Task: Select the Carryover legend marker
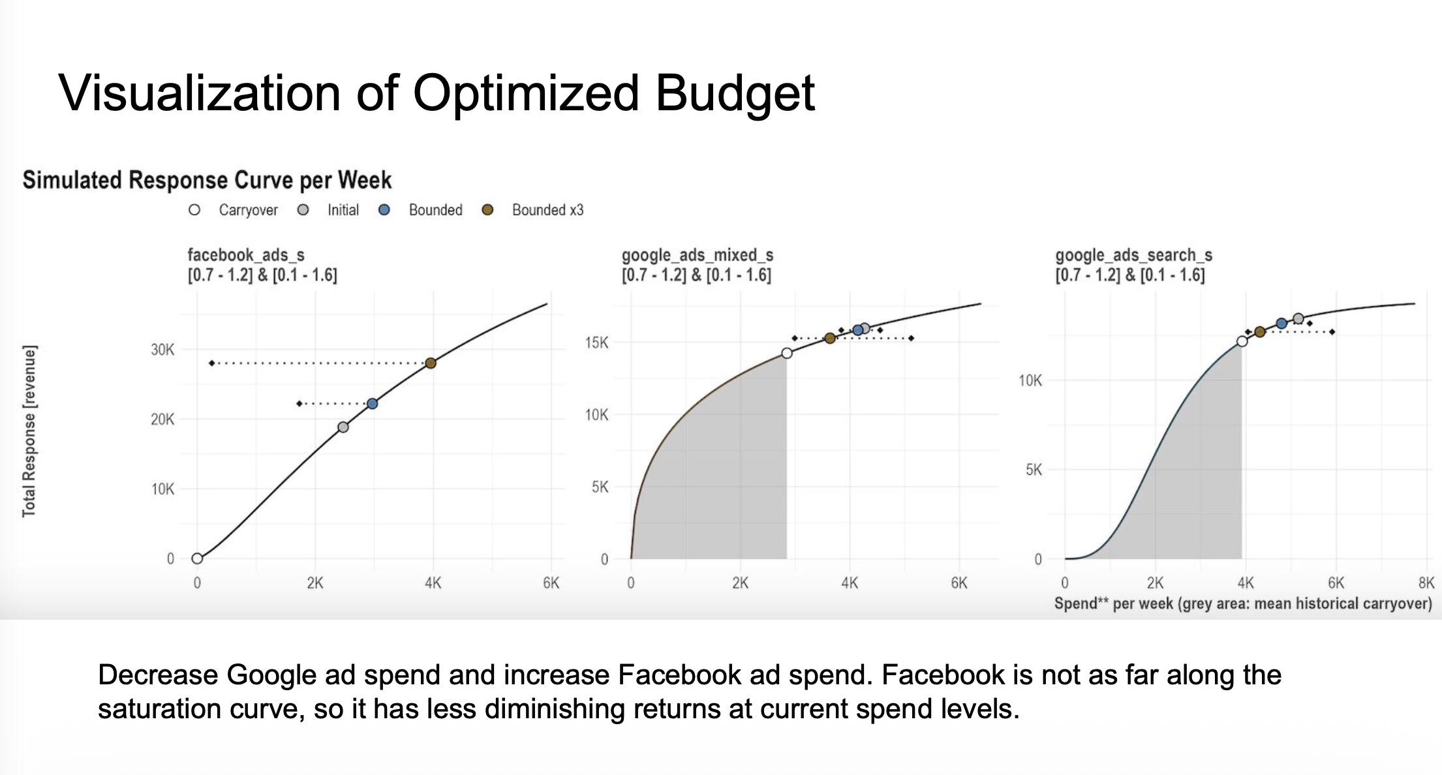194,210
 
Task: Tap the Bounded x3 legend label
547,210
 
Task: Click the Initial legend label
343,210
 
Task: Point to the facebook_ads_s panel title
246,255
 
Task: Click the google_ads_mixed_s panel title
697,255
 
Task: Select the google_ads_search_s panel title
1133,255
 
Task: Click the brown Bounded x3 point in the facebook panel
431,363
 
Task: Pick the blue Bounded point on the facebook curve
372,404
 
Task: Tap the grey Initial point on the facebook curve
343,427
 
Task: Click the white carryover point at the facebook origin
197,558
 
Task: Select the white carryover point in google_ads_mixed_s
787,353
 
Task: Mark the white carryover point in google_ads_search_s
1242,341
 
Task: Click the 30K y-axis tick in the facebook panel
162,350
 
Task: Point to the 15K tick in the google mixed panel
596,342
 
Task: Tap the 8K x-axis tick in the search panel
1426,583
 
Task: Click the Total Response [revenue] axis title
29,431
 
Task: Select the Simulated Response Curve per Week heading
207,180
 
